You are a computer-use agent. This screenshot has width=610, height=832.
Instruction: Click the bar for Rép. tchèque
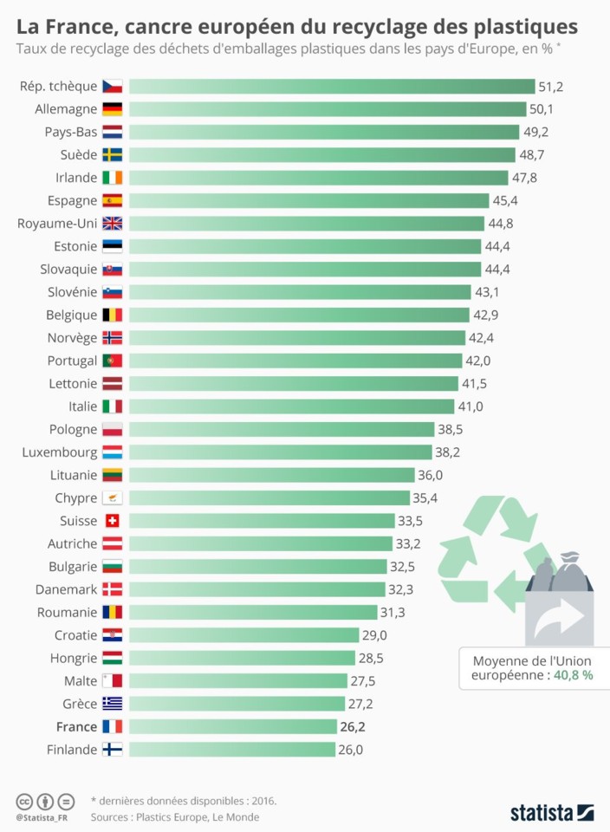click(x=332, y=87)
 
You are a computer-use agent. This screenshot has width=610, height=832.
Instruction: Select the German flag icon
click(x=113, y=109)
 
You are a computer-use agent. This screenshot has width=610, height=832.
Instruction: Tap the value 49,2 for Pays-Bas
click(x=535, y=132)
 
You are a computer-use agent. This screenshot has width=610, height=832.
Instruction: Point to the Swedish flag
click(x=113, y=155)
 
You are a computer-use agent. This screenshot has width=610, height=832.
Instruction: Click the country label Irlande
click(x=76, y=178)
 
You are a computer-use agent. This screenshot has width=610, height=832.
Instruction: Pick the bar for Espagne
click(x=309, y=201)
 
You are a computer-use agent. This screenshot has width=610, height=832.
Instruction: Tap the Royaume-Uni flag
click(x=113, y=224)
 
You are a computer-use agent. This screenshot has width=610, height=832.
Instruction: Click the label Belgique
click(x=72, y=315)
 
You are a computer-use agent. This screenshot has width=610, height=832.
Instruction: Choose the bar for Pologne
click(x=282, y=429)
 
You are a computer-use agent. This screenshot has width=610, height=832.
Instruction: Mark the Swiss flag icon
click(x=113, y=521)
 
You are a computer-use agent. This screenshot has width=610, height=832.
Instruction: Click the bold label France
click(x=76, y=726)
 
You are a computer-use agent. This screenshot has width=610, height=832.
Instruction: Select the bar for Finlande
click(x=232, y=749)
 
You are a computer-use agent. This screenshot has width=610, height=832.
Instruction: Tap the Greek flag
click(x=113, y=704)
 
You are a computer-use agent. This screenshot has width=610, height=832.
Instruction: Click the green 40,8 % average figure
click(x=574, y=674)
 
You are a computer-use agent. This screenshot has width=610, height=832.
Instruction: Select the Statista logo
click(x=551, y=812)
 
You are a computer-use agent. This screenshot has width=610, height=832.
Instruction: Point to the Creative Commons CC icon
click(x=24, y=800)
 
